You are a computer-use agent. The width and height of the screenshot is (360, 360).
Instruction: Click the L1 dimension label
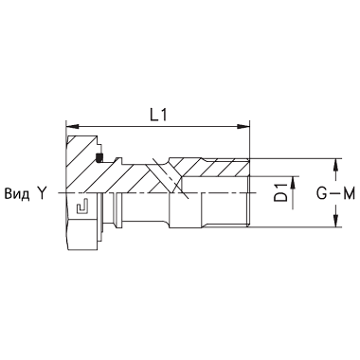(158, 116)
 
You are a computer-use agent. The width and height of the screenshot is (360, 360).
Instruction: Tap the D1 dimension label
(280, 192)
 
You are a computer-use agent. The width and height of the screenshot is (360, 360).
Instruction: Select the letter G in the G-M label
(322, 193)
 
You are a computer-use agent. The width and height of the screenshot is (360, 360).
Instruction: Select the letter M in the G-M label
(349, 193)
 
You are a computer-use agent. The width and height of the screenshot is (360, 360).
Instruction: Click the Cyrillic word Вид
(17, 193)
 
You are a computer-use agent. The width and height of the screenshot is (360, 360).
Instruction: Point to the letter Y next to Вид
(42, 193)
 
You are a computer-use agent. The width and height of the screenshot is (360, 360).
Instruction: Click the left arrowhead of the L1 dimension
(72, 127)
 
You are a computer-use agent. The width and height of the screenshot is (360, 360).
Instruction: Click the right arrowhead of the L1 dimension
(243, 127)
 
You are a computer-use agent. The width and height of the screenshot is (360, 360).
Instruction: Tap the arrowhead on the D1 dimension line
(294, 183)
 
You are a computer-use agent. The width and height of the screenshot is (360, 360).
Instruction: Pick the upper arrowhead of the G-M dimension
(336, 165)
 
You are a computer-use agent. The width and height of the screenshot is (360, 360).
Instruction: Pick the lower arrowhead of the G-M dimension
(336, 221)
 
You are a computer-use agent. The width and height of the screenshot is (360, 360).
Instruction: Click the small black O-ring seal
(99, 157)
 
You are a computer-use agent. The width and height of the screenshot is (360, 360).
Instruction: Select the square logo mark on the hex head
(82, 207)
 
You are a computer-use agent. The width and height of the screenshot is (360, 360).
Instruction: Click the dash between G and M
(334, 193)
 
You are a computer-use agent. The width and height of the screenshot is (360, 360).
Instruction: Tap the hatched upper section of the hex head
(81, 164)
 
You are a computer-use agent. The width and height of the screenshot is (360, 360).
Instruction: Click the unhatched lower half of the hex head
(82, 221)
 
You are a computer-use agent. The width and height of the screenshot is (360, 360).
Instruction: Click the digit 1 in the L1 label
(163, 116)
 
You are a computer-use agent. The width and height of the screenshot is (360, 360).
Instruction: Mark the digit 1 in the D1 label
(280, 187)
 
